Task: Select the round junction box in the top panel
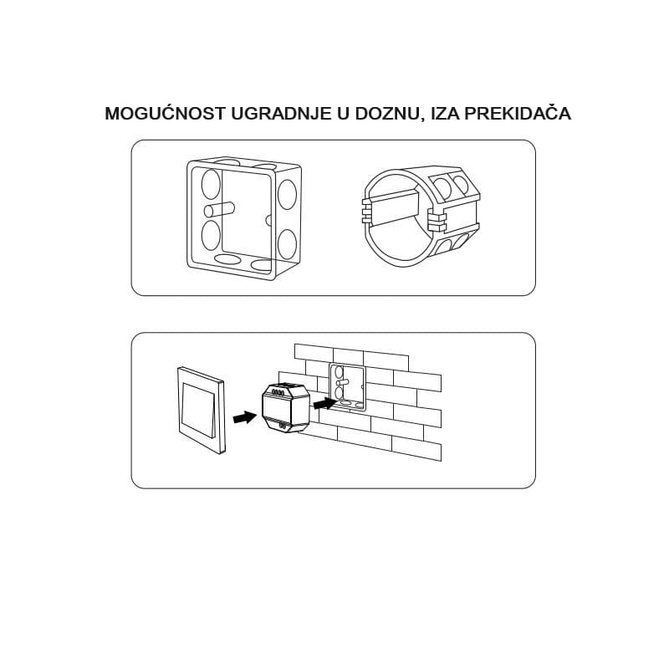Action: pos(421,220)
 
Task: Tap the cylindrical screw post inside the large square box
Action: pos(220,211)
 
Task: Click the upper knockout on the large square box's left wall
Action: pos(211,184)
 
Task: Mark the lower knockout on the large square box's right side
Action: pos(287,244)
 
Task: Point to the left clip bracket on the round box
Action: pos(366,212)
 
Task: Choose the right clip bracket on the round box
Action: pos(437,221)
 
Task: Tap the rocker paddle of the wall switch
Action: pos(199,410)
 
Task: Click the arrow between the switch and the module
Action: pos(244,416)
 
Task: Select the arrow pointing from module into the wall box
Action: pos(324,403)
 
